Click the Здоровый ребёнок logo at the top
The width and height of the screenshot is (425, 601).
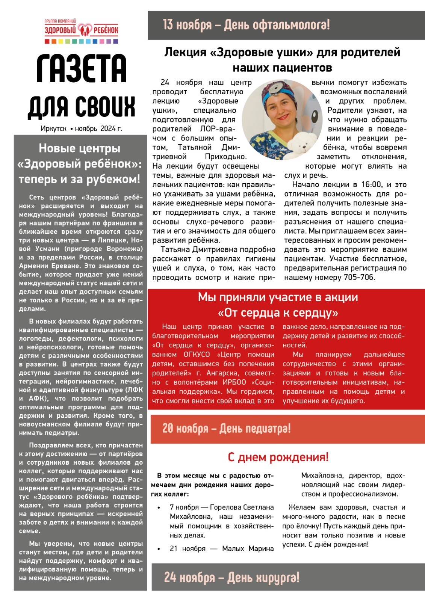click(x=81, y=30)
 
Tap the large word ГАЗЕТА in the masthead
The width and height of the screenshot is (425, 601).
click(x=81, y=69)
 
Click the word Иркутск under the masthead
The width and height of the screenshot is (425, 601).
click(x=53, y=128)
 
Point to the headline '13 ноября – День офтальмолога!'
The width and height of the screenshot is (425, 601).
click(x=246, y=25)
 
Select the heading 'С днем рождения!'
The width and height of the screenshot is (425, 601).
click(x=278, y=457)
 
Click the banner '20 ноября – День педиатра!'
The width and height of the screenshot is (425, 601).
click(x=226, y=428)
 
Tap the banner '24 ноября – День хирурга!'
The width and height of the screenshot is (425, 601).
click(x=231, y=577)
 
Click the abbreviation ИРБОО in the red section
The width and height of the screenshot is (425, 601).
click(x=234, y=382)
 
